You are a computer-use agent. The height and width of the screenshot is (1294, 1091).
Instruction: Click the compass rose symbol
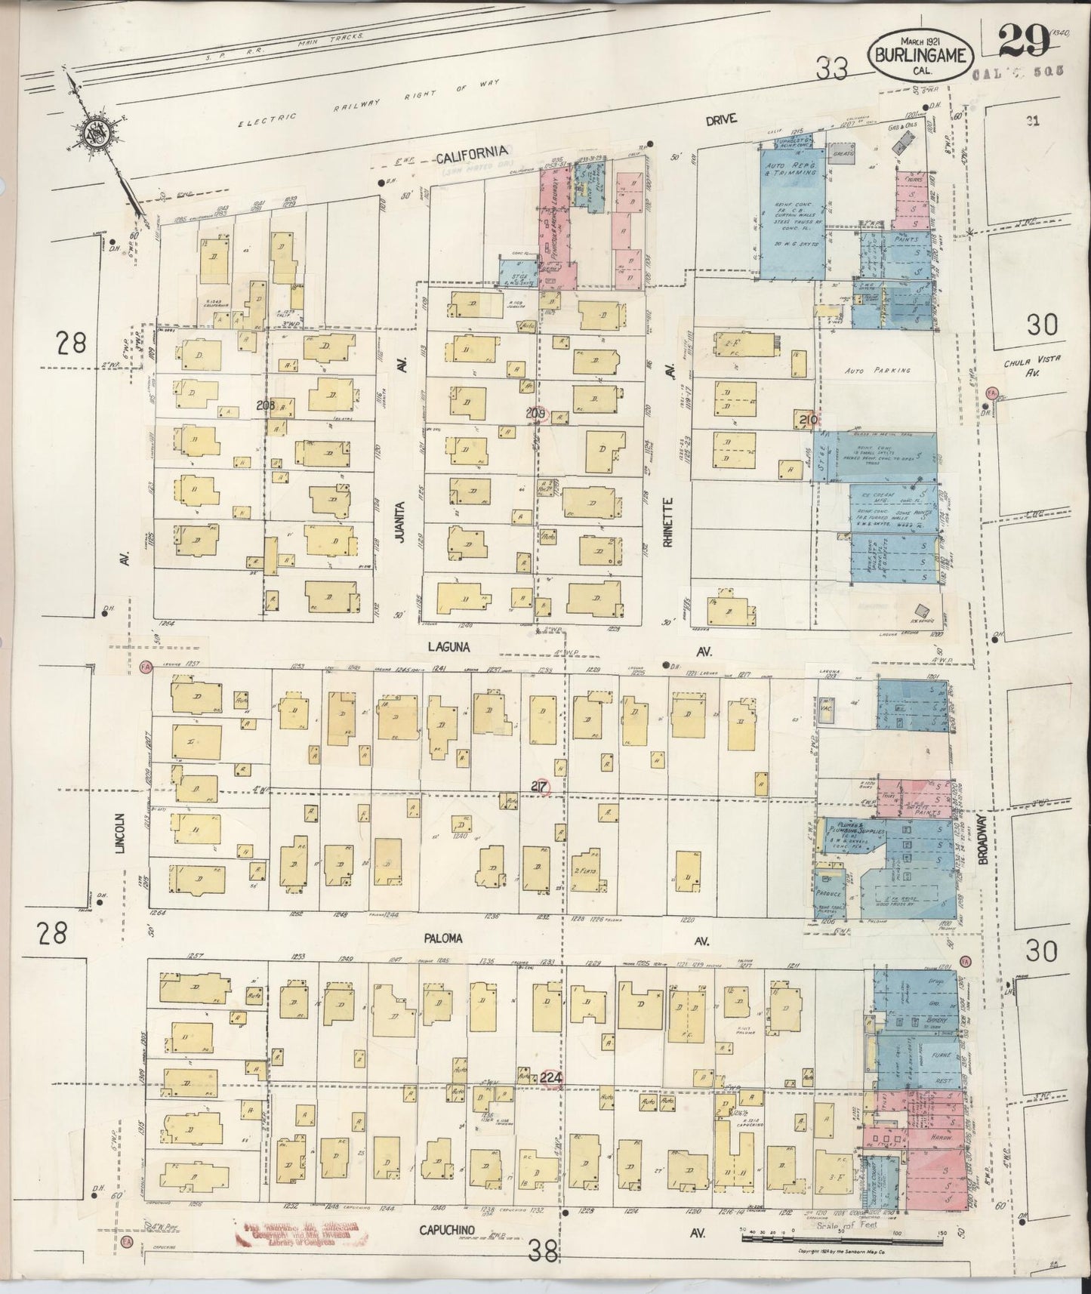(100, 134)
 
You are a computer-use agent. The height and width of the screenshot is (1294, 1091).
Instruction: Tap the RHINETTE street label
(667, 525)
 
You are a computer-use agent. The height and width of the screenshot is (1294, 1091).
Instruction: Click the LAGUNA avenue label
(448, 647)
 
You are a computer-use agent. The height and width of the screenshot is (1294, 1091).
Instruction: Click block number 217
(539, 786)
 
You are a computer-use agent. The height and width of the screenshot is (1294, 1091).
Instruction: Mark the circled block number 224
(552, 1079)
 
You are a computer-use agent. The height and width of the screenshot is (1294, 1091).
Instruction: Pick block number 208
(264, 405)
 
